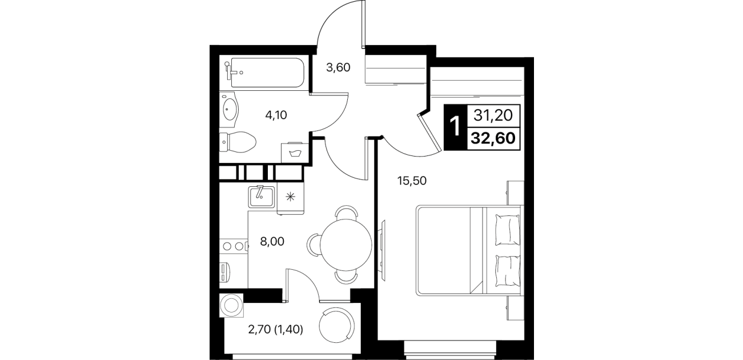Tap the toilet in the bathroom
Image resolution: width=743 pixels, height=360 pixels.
tap(238, 142)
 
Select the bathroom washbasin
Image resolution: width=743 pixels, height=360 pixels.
tap(229, 109)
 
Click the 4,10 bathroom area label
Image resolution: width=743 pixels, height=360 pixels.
tap(276, 115)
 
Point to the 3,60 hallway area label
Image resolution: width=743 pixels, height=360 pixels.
tap(338, 67)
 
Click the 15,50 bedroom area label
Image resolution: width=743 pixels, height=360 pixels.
tap(412, 181)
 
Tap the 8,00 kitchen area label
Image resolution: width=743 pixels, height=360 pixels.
tap(272, 242)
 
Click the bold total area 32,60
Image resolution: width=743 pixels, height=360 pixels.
tap(493, 138)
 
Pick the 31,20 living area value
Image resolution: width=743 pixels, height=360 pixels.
tap(493, 115)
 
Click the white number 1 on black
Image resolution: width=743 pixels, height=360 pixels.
tap(455, 126)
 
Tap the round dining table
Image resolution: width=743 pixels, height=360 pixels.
tap(346, 245)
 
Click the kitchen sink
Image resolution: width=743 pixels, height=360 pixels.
tap(262, 197)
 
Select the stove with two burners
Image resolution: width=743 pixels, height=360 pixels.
tap(234, 246)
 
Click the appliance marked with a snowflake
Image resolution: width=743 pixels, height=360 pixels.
tap(290, 198)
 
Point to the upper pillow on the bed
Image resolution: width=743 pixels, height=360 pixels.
tap(507, 229)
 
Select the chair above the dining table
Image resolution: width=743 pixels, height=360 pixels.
tap(346, 213)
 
